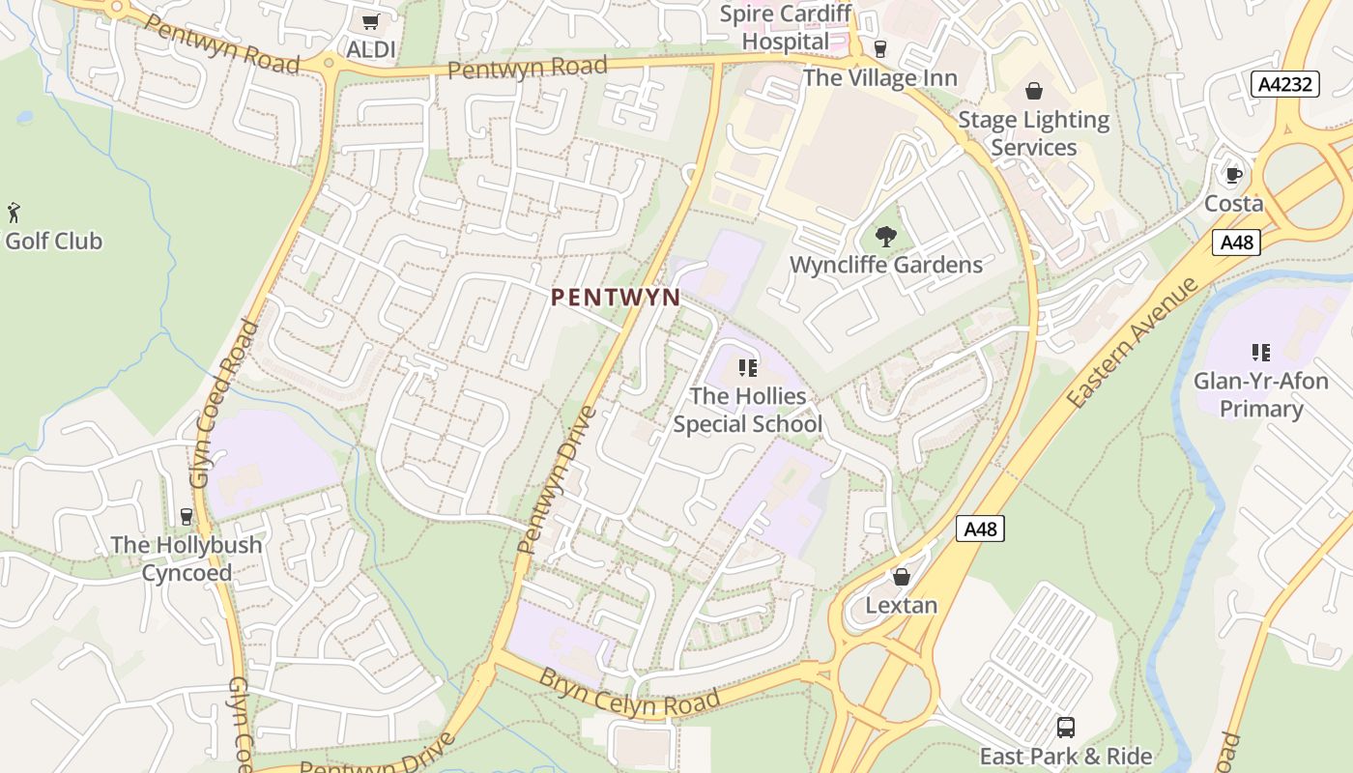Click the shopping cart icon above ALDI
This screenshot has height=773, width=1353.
pos(370,21)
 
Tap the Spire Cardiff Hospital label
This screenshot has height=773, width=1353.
pos(785,27)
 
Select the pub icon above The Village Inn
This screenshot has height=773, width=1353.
pos(879,48)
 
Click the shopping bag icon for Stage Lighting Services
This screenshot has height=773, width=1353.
pos(1034,92)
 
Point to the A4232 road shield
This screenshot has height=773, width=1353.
pos(1284,84)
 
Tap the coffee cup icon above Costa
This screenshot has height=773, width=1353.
pos(1233,175)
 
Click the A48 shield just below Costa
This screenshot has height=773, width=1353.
pos(1237,242)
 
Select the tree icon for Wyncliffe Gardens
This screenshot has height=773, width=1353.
pos(885,237)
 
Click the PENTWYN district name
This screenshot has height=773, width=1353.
pos(616,298)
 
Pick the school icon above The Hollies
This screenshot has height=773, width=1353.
pos(747,368)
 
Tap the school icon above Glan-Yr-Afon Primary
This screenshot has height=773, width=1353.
pos(1260,353)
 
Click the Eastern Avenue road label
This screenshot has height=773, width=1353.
pos(1133,342)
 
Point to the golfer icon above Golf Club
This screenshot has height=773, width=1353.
pos(14,213)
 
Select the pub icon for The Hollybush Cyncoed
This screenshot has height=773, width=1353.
pos(187,517)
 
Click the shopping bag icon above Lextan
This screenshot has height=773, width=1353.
pos(902,577)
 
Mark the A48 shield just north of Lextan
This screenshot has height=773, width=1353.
pos(980,529)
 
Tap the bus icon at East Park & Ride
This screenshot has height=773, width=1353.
pos(1066,728)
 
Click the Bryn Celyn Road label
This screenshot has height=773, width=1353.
pos(630,691)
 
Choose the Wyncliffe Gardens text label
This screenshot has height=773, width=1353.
pos(885,265)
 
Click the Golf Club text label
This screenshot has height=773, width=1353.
pos(53,241)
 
